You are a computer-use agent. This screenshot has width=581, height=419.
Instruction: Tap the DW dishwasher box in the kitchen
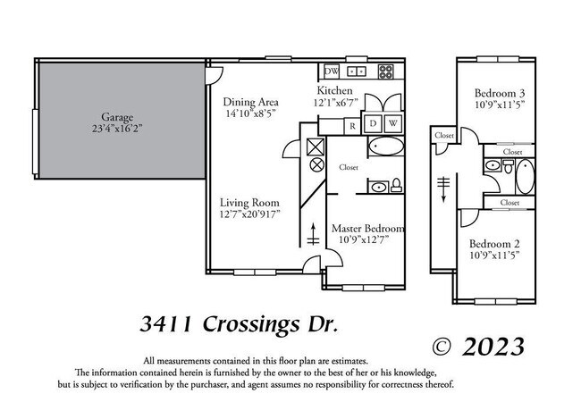tap(331, 71)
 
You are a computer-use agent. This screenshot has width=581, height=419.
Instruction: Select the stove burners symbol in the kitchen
tap(388, 71)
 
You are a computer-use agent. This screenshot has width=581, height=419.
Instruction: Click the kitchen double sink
tap(357, 71)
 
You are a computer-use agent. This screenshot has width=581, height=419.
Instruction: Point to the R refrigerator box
tap(353, 124)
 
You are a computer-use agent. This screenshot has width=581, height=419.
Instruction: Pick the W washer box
tap(393, 122)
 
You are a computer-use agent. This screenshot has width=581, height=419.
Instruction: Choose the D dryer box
tap(374, 122)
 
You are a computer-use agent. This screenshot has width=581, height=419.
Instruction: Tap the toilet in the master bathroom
tap(396, 187)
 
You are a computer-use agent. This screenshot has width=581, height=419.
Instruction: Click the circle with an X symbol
tap(315, 165)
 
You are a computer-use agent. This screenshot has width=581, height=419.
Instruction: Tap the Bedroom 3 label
tap(500, 92)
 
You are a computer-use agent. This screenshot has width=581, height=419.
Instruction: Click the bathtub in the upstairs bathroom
tap(525, 176)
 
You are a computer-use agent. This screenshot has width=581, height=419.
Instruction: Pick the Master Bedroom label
tap(367, 228)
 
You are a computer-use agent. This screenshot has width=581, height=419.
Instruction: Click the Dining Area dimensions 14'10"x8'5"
tap(249, 113)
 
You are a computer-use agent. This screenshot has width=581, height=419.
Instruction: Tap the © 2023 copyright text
tap(478, 346)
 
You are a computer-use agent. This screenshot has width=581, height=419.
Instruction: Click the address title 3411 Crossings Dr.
tap(240, 323)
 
